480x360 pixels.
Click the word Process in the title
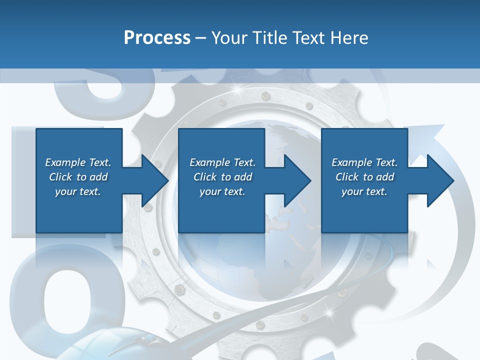(157, 37)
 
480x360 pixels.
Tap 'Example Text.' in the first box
(78, 162)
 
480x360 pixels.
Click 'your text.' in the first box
(78, 191)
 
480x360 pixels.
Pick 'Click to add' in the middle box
(222, 177)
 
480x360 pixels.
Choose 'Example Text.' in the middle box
(222, 162)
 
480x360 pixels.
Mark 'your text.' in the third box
(364, 191)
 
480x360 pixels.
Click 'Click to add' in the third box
(364, 177)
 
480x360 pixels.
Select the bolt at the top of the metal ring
(265, 94)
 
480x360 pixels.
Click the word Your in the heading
(230, 37)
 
